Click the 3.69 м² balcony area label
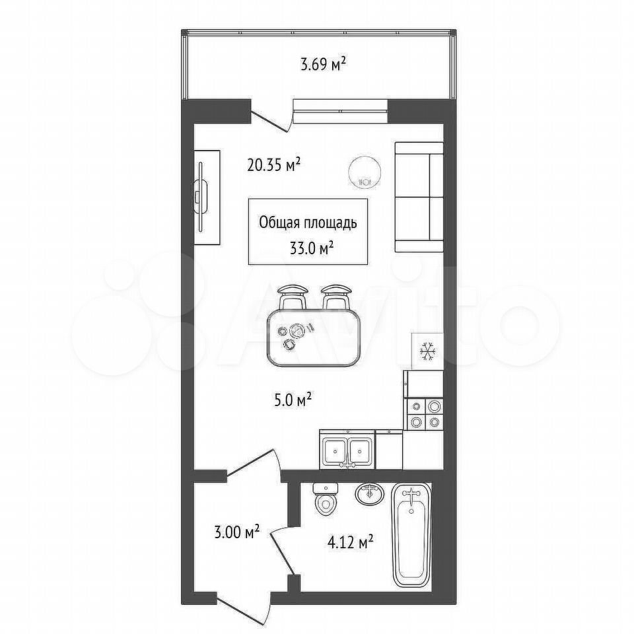[x=323, y=65]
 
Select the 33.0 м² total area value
[x=311, y=248]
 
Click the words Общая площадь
[x=308, y=223]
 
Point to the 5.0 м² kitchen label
[x=291, y=400]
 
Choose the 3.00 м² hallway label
[x=236, y=532]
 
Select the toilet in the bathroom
[x=326, y=500]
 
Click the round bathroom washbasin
[x=370, y=494]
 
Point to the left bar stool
[x=293, y=296]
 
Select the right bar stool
[x=336, y=296]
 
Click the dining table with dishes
[x=313, y=337]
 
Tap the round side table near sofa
[x=365, y=172]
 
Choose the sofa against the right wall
[x=419, y=197]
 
